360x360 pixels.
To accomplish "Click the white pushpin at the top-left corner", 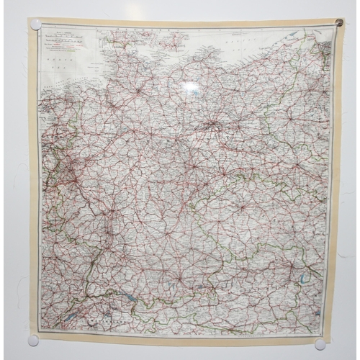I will pos(35,24).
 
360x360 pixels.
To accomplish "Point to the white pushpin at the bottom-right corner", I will pos(320,345).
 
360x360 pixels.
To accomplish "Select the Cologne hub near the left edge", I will pos(69,176).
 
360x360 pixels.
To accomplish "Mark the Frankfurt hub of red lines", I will pos(108,205).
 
